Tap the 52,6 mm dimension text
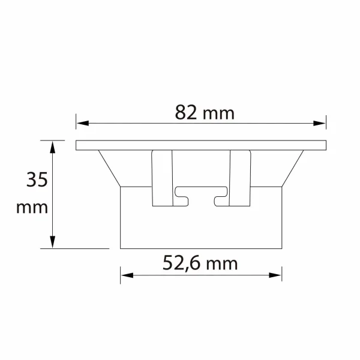click(x=200, y=262)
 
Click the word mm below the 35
click(x=32, y=208)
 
